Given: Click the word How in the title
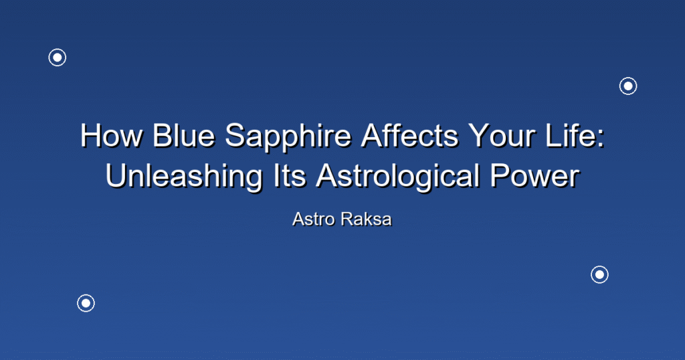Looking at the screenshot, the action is pyautogui.click(x=112, y=135).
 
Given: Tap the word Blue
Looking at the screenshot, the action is pyautogui.click(x=183, y=135).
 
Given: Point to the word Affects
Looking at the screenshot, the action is pyautogui.click(x=410, y=135).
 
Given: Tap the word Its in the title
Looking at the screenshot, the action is pyautogui.click(x=290, y=175).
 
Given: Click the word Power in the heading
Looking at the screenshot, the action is pyautogui.click(x=534, y=175).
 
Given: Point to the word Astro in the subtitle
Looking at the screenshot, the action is pyautogui.click(x=314, y=219).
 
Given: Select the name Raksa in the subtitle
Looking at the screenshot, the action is pyautogui.click(x=367, y=219).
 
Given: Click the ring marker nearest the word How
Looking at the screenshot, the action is pyautogui.click(x=58, y=49).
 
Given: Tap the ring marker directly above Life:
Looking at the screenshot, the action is pyautogui.click(x=628, y=78).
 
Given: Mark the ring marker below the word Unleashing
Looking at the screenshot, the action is pyautogui.click(x=86, y=295).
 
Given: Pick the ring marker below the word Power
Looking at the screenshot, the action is pyautogui.click(x=600, y=266).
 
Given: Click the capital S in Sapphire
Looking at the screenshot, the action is pyautogui.click(x=234, y=135).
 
